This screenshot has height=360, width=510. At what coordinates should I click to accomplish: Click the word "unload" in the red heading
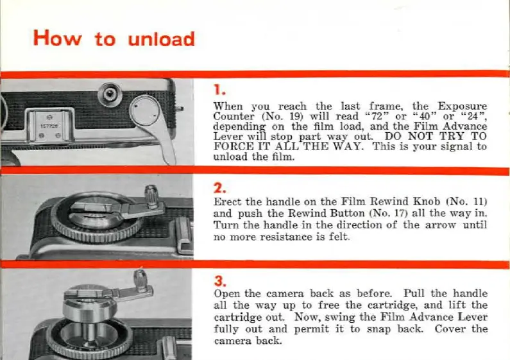click(x=161, y=39)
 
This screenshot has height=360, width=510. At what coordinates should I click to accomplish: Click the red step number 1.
click(x=219, y=89)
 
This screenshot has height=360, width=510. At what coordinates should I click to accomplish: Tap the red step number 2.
click(x=219, y=188)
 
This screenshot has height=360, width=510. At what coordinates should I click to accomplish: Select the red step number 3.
click(x=220, y=281)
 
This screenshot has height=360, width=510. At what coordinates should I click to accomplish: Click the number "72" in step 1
click(x=377, y=116)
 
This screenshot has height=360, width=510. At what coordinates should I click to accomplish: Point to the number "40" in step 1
click(x=425, y=116)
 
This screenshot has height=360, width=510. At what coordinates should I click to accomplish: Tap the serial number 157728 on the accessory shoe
click(x=49, y=126)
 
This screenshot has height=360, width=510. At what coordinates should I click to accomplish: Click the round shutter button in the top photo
click(x=110, y=94)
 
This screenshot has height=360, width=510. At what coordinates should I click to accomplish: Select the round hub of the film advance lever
click(x=144, y=110)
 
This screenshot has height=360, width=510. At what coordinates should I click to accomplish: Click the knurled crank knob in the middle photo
click(x=151, y=196)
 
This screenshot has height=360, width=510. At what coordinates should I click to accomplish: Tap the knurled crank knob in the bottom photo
click(x=141, y=280)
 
